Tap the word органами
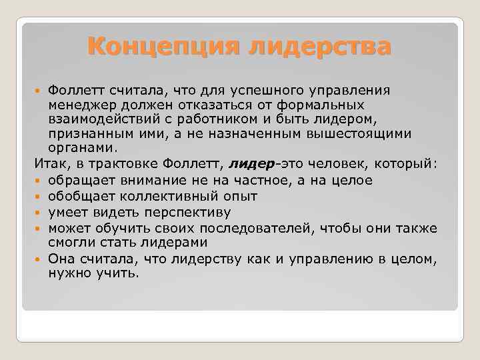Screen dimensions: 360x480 (73, 148)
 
